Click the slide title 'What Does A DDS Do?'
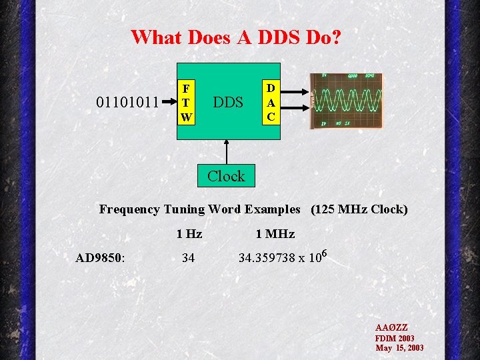coord(236,37)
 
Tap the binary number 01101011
coord(127,103)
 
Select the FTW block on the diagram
coord(186,103)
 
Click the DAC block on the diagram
coord(271,102)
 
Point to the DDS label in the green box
coord(227,103)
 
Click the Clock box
coord(226,176)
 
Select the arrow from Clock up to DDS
coord(227,151)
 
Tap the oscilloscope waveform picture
coord(347,101)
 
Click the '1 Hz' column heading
coord(189,234)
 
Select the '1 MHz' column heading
coord(275,234)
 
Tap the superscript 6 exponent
coord(324,252)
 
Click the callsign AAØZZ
coord(391,328)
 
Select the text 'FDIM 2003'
coord(395,338)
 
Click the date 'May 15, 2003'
coord(399,348)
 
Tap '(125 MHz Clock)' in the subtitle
coord(359,209)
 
